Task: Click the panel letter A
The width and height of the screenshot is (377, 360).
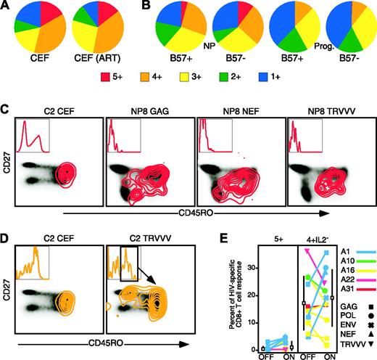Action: pos(7,7)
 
